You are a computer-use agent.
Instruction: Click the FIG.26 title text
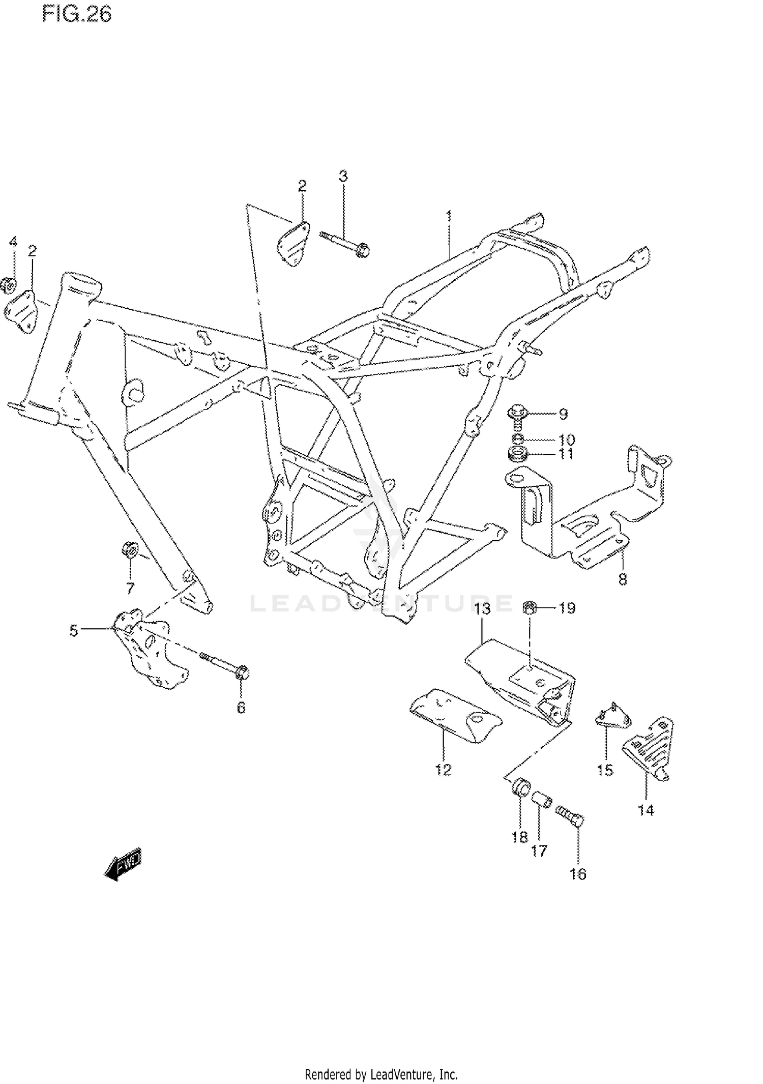point(77,14)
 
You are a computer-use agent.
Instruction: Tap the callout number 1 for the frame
point(449,216)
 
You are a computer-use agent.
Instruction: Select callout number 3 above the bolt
point(343,177)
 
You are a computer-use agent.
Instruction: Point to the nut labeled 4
point(9,285)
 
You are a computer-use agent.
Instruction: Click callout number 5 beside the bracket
point(74,631)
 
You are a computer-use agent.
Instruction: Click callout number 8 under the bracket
point(623,579)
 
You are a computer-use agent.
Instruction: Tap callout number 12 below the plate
point(443,770)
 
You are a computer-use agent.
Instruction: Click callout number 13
point(483,608)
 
